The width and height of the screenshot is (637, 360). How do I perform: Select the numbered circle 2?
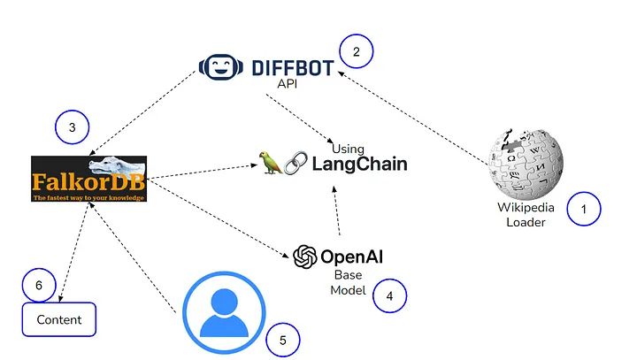point(356,52)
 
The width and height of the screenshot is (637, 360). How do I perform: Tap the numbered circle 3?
point(73,129)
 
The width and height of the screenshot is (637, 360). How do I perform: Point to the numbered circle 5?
point(282,339)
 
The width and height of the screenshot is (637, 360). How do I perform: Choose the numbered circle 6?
point(38,285)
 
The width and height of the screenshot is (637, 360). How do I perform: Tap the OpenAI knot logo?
point(305,257)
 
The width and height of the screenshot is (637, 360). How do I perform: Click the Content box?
point(58,319)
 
